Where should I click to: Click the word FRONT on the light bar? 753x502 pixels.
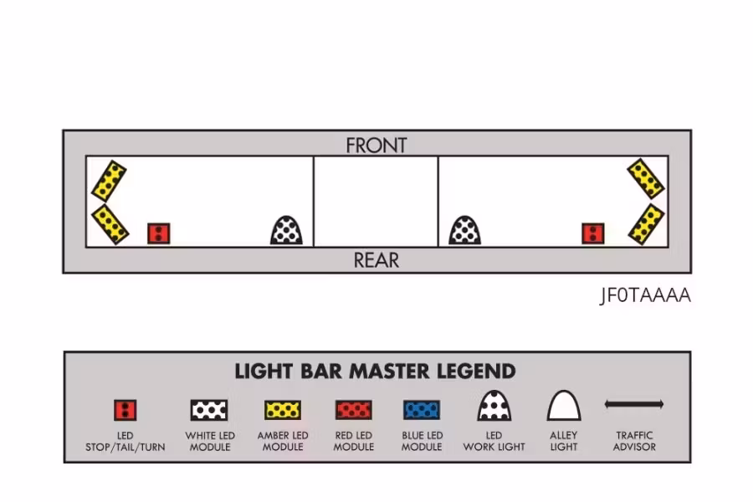click(376, 146)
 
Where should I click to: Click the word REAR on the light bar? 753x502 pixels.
click(376, 260)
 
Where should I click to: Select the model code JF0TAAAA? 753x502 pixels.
click(645, 295)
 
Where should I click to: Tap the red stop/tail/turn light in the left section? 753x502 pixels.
click(158, 233)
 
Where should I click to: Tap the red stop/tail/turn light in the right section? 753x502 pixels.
click(593, 233)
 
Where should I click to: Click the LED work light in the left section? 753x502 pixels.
click(287, 231)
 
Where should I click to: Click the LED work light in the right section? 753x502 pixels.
click(465, 231)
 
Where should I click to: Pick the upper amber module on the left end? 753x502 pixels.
click(109, 181)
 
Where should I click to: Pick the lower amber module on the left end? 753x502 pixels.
click(110, 224)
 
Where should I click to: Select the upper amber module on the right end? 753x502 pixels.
click(646, 179)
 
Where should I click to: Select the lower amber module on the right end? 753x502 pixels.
click(647, 224)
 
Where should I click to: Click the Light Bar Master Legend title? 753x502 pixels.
click(375, 371)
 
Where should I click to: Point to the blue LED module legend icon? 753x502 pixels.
click(422, 410)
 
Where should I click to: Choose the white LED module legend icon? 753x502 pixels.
click(209, 410)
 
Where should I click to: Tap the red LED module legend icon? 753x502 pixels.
click(353, 410)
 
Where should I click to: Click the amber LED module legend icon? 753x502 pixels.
click(283, 410)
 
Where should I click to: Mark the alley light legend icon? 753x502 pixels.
click(564, 406)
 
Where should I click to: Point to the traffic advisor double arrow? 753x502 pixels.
click(634, 404)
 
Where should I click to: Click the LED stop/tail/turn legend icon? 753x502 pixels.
click(125, 410)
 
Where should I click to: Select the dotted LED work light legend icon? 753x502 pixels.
click(494, 406)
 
